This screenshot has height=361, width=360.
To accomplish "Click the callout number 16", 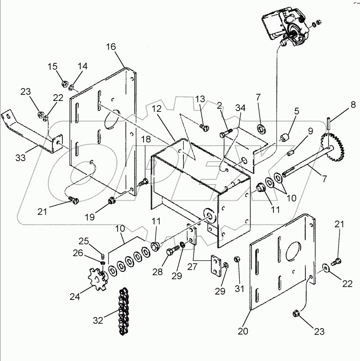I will [x=112, y=47].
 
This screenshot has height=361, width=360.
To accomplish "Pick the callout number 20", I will [x=243, y=331].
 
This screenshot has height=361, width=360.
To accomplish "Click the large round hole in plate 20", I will [x=290, y=249].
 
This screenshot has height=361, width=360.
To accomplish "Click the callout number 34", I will [x=240, y=107].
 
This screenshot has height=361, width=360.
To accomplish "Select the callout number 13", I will [x=201, y=100].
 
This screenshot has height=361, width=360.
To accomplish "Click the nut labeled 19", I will [x=112, y=201].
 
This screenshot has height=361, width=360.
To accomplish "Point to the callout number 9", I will [x=310, y=131].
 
